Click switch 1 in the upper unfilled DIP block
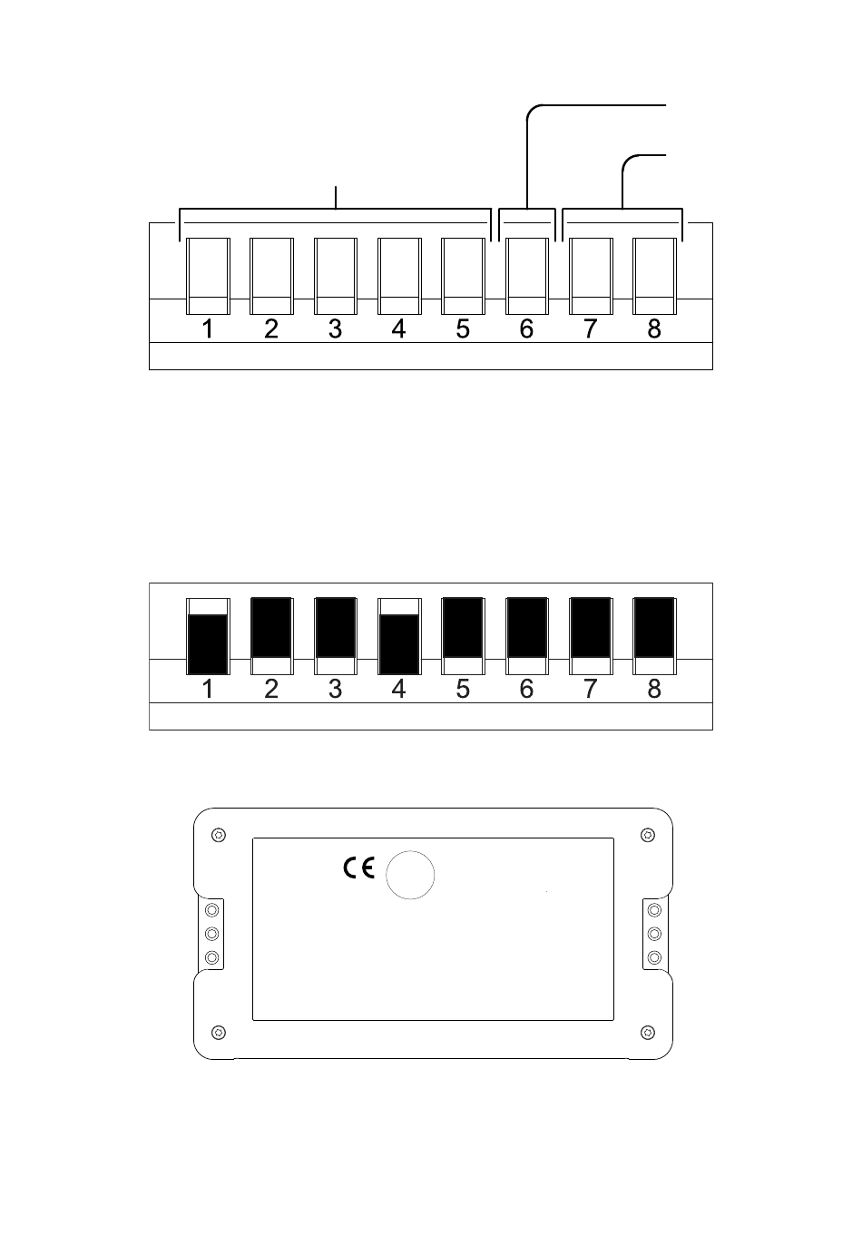click(x=208, y=276)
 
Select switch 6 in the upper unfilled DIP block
click(x=527, y=276)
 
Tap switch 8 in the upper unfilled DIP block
click(x=655, y=276)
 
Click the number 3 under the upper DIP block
click(x=335, y=328)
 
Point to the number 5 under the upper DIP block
click(x=463, y=328)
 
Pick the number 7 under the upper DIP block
click(x=591, y=328)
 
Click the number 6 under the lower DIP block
click(x=526, y=689)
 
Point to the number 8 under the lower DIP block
click(x=654, y=689)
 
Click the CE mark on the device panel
click(x=358, y=868)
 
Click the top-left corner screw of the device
click(x=219, y=836)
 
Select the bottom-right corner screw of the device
click(x=648, y=1032)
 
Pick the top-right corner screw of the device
click(x=648, y=836)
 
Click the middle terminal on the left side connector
click(x=211, y=934)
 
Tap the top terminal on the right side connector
click(x=654, y=910)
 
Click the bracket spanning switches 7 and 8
click(x=622, y=209)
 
